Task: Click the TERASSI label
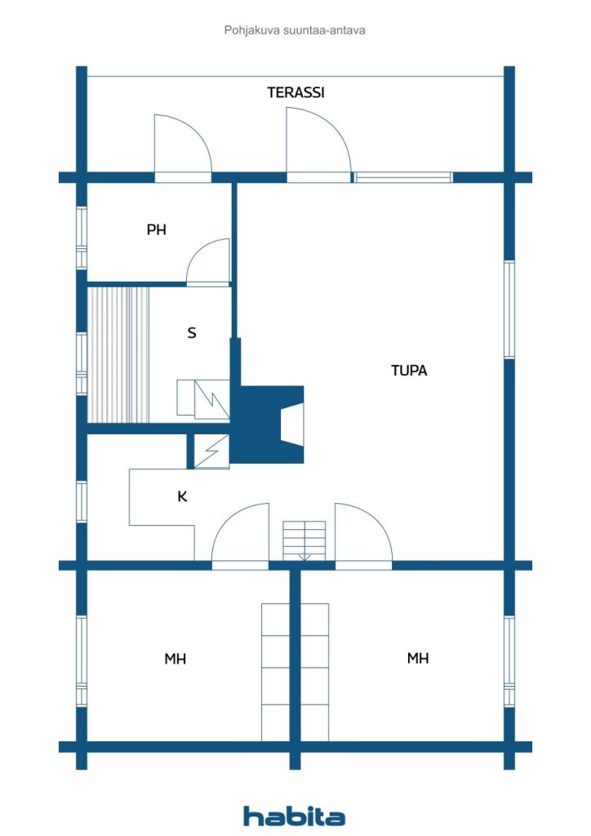coord(295,92)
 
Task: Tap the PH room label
coord(156,230)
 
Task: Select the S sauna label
coord(192,333)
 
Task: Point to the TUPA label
coord(408,371)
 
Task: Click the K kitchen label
coord(182,496)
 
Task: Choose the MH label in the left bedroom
coord(175,659)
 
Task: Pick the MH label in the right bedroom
coord(418,658)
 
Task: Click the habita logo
coord(294,816)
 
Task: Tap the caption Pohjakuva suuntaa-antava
coord(295,30)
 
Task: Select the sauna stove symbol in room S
coord(203,399)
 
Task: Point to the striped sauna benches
coord(119,354)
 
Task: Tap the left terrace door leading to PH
coord(183,147)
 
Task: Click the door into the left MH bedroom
coord(240,535)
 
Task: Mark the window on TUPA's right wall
coord(509,309)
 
